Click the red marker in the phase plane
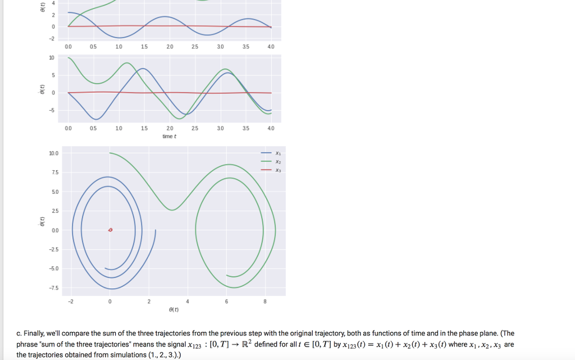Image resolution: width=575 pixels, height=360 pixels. coord(110,230)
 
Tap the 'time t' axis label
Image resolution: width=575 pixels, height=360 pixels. coord(169,136)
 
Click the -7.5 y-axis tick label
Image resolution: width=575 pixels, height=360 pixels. coord(54,288)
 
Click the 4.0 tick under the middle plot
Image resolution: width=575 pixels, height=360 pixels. coord(271,129)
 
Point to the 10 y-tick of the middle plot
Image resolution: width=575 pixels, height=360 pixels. coord(52,58)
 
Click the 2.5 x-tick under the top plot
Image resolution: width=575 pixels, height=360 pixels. coord(195,47)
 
